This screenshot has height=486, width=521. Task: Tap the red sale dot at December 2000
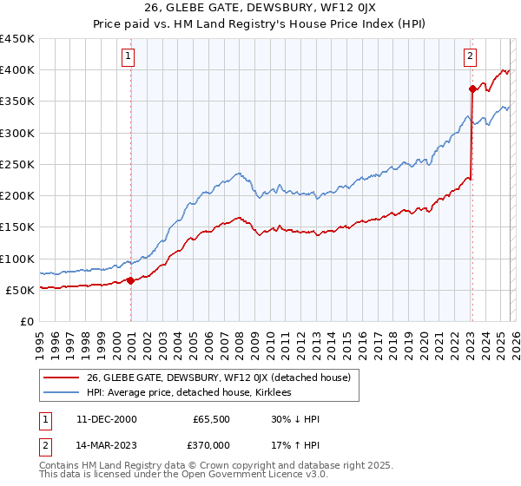pyautogui.click(x=131, y=280)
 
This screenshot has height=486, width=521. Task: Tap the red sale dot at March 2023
pyautogui.click(x=472, y=89)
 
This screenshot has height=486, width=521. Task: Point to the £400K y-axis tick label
pyautogui.click(x=17, y=70)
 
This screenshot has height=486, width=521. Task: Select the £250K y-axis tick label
pyautogui.click(x=17, y=164)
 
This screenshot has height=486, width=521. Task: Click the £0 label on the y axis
pyautogui.click(x=26, y=321)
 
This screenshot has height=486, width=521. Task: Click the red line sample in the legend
pyautogui.click(x=63, y=378)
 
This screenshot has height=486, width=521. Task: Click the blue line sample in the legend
pyautogui.click(x=63, y=393)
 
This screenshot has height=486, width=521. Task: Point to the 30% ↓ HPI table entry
pyautogui.click(x=295, y=419)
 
